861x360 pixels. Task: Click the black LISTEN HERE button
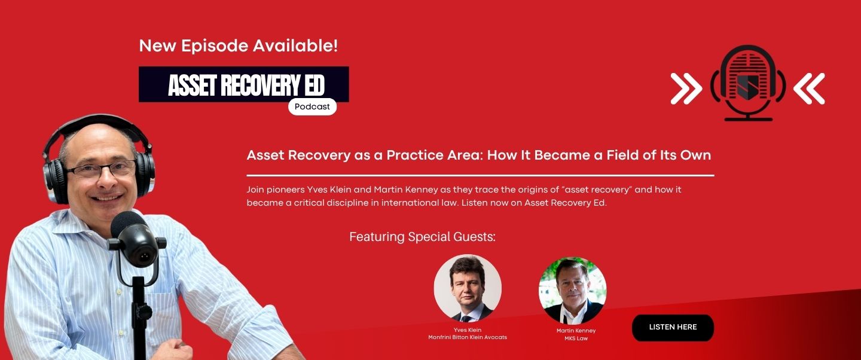(673, 328)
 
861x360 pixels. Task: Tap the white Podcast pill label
(312, 106)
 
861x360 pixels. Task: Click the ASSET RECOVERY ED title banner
(244, 84)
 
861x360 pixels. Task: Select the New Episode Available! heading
(239, 46)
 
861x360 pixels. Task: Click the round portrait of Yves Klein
(468, 288)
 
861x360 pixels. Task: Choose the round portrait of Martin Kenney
(572, 291)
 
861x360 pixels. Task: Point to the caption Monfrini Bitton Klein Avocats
(468, 337)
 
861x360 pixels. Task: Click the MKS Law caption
(576, 338)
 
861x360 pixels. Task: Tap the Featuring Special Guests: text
(422, 237)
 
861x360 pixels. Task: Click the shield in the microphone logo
(747, 87)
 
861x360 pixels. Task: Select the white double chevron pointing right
(686, 89)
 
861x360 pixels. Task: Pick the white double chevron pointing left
(809, 89)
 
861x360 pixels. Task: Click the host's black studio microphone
(135, 239)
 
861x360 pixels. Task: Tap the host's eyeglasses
(102, 169)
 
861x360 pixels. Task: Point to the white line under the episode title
(481, 175)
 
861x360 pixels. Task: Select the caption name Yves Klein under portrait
(468, 330)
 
